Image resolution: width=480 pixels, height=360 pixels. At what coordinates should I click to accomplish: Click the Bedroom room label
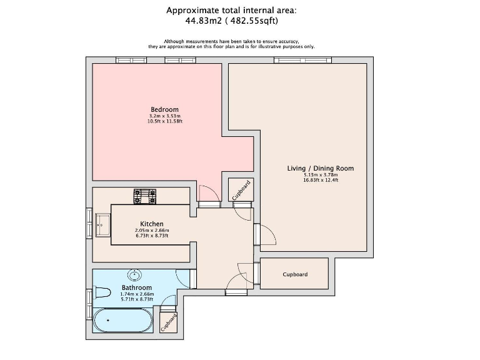(x=164, y=109)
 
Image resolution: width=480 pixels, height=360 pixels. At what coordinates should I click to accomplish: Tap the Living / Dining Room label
(x=320, y=168)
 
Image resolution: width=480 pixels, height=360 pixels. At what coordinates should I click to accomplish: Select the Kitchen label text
(x=151, y=224)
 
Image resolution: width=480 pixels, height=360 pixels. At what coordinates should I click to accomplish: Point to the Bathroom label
(x=136, y=287)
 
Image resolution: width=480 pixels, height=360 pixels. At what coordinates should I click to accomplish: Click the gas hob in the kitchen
(x=145, y=196)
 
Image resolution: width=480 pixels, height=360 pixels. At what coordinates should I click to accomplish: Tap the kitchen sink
(x=102, y=225)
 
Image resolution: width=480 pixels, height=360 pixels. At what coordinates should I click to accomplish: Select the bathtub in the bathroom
(x=122, y=320)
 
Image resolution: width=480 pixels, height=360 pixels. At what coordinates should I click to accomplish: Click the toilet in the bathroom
(x=101, y=292)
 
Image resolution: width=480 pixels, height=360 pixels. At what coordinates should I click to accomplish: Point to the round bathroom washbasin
(x=134, y=275)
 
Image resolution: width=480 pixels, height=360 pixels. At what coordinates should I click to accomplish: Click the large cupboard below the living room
(x=294, y=274)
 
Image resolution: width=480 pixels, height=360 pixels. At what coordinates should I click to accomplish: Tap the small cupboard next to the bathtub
(x=168, y=322)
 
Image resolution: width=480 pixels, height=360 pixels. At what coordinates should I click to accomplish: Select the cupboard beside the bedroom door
(x=241, y=190)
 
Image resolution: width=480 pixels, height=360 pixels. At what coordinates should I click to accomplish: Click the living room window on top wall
(x=302, y=60)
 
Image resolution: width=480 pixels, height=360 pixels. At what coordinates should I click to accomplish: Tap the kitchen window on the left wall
(x=89, y=223)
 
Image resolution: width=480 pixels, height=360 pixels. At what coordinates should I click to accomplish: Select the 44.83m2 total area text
(x=203, y=21)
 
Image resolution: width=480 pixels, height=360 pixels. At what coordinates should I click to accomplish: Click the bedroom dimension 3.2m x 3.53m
(x=165, y=116)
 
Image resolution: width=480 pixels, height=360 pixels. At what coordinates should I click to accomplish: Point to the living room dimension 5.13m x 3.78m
(x=321, y=175)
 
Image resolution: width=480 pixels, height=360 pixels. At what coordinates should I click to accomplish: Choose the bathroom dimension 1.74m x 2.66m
(x=137, y=294)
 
